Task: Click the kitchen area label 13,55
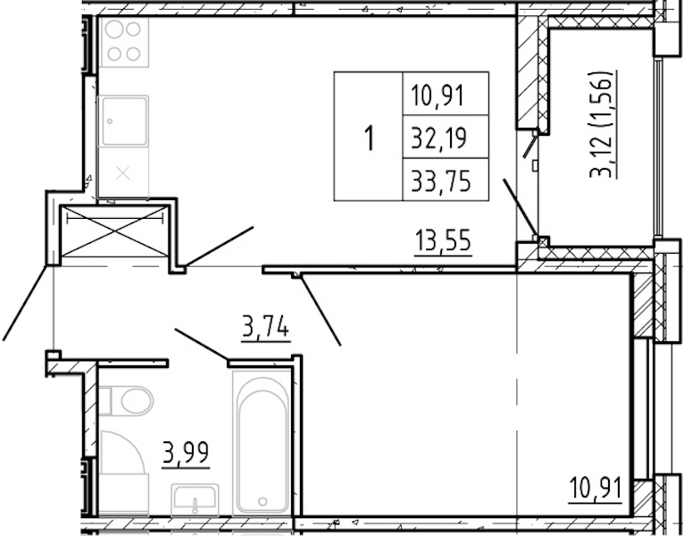click(x=443, y=241)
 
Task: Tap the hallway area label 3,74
click(x=266, y=327)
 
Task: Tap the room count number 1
click(x=370, y=138)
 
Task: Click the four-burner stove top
click(x=124, y=42)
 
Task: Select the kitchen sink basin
click(x=124, y=121)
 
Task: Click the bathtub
click(x=262, y=442)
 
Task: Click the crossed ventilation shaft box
click(x=114, y=230)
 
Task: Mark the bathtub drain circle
click(x=262, y=501)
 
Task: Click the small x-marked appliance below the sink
click(x=124, y=173)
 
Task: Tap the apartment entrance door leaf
click(x=25, y=303)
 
